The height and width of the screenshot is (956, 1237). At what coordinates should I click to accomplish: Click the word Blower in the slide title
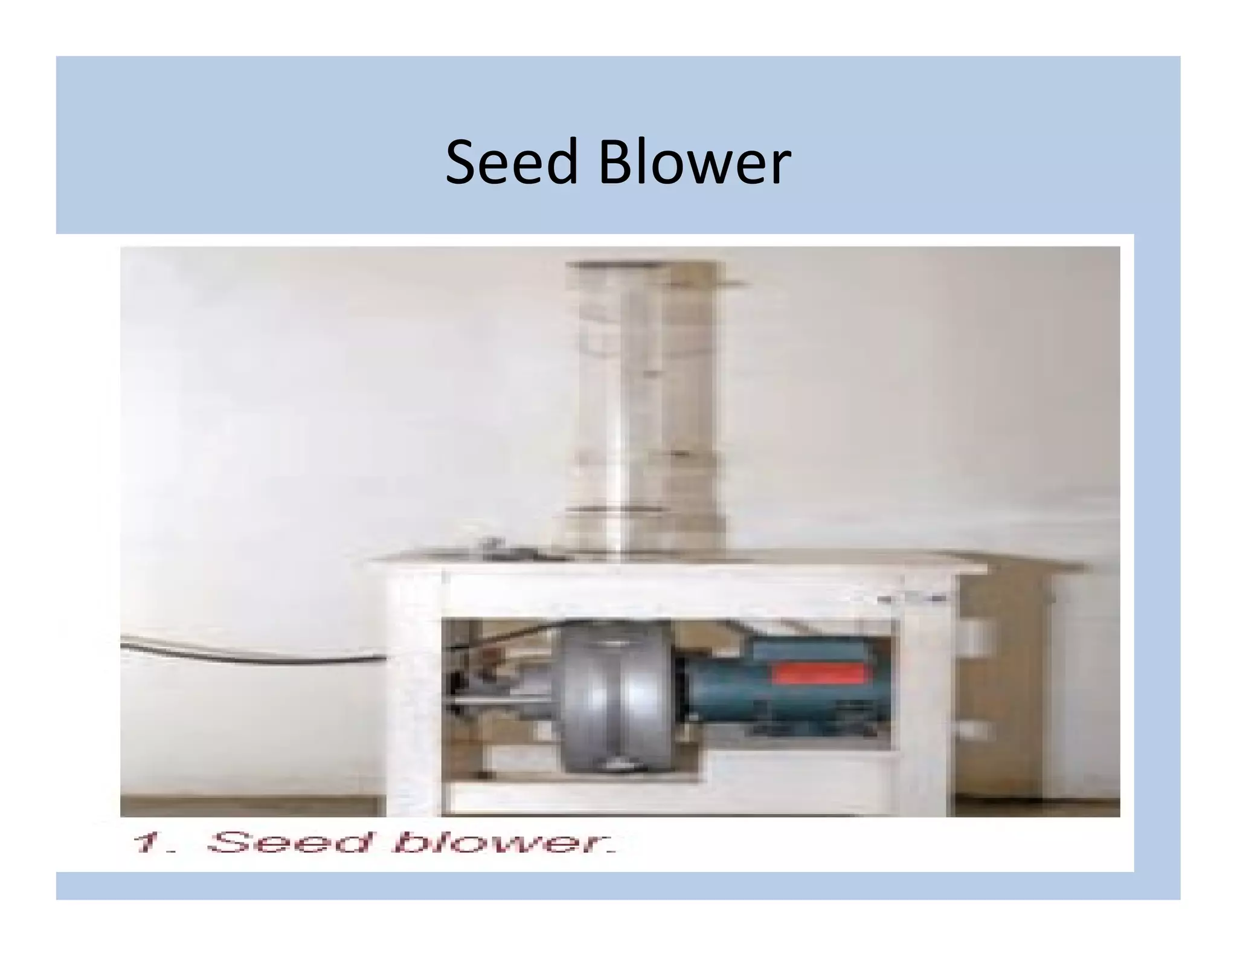(x=695, y=162)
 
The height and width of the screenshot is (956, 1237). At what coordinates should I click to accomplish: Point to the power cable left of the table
(x=254, y=656)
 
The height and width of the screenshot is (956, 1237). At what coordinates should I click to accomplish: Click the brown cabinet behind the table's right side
(x=1015, y=683)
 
